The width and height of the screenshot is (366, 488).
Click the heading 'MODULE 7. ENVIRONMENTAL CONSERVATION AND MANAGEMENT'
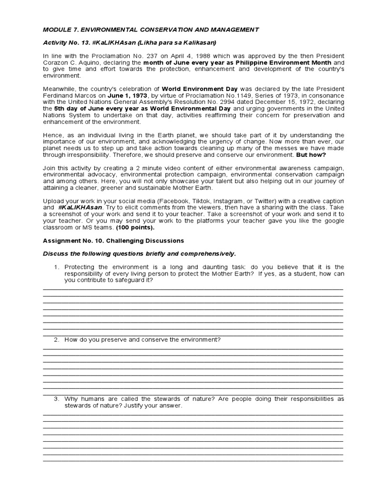click(151, 30)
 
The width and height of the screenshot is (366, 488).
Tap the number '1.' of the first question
click(56, 267)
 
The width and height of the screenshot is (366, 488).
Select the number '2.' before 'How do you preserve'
click(56, 339)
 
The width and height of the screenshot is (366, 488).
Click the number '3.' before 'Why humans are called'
click(56, 398)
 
